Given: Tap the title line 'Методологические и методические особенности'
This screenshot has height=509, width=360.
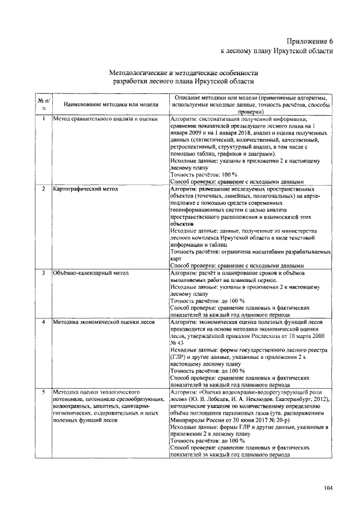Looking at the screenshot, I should pyautogui.click(x=184, y=73).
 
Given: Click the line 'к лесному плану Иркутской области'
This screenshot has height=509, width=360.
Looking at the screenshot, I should pyautogui.click(x=276, y=51).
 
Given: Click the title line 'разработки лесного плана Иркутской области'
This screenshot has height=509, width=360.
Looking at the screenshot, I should pyautogui.click(x=184, y=82).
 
